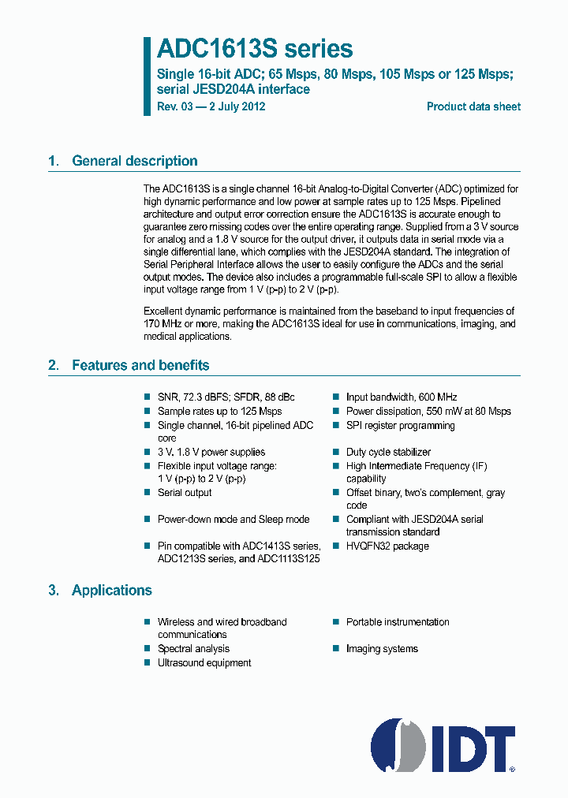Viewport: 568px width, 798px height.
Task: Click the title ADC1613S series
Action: pyautogui.click(x=254, y=49)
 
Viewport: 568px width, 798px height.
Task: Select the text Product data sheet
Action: pyautogui.click(x=473, y=106)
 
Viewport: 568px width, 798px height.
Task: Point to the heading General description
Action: pyautogui.click(x=135, y=161)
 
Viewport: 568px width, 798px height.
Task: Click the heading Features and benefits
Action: pyautogui.click(x=140, y=365)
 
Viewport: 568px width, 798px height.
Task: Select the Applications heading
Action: pyautogui.click(x=112, y=590)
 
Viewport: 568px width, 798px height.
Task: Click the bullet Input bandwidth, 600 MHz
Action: pyautogui.click(x=401, y=397)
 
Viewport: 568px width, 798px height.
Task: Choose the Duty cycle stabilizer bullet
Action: pyautogui.click(x=388, y=452)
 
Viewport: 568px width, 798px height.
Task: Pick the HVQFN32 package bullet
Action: pyautogui.click(x=387, y=546)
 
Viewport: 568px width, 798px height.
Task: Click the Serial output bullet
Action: pyautogui.click(x=185, y=492)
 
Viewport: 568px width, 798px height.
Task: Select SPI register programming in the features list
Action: pyautogui.click(x=400, y=425)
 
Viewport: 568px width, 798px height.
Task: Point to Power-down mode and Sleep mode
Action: pyautogui.click(x=233, y=519)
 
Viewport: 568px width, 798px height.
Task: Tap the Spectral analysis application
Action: pyautogui.click(x=193, y=648)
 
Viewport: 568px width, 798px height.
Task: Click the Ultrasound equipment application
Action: pyautogui.click(x=204, y=662)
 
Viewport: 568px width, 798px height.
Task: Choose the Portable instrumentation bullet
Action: pyautogui.click(x=398, y=621)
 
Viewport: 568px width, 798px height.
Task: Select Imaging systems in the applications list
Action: pyautogui.click(x=382, y=648)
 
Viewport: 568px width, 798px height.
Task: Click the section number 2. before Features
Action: pyautogui.click(x=54, y=365)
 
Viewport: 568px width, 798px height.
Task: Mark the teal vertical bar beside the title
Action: pyautogui.click(x=147, y=76)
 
